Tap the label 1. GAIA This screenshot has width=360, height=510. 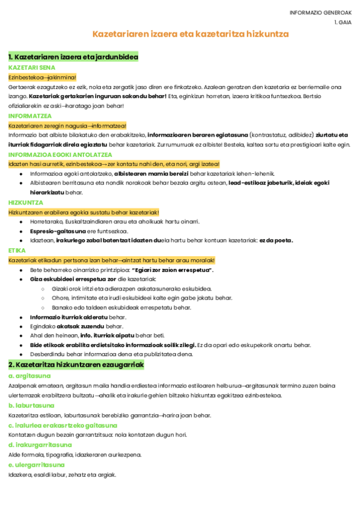[x=343, y=22]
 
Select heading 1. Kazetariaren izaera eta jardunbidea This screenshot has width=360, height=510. [x=73, y=57]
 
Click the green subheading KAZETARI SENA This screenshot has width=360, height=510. [x=32, y=68]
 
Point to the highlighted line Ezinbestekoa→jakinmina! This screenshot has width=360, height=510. [x=42, y=77]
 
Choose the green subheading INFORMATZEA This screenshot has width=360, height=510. [x=30, y=115]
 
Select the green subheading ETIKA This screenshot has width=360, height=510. [x=17, y=250]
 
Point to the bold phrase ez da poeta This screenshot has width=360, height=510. [x=276, y=241]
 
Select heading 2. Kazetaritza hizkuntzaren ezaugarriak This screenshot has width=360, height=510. [x=76, y=364]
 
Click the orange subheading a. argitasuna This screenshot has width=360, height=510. [x=29, y=376]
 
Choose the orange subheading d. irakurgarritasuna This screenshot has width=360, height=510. [x=40, y=444]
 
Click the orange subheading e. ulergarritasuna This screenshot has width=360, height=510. [x=37, y=464]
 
